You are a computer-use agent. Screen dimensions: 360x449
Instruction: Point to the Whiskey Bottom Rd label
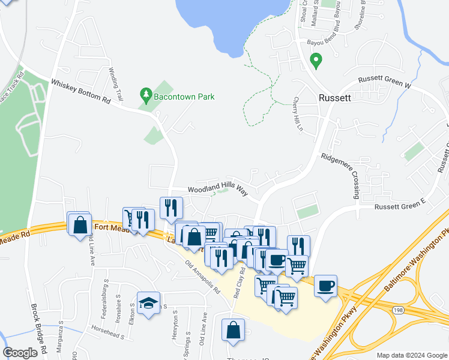(x=81, y=92)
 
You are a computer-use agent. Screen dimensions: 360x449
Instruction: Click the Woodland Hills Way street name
(x=217, y=189)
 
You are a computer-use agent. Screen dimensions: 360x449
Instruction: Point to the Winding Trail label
(x=115, y=83)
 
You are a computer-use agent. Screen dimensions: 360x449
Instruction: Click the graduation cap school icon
(x=148, y=302)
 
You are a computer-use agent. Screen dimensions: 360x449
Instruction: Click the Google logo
(x=20, y=353)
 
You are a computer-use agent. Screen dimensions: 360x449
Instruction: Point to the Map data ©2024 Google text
(x=411, y=355)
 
